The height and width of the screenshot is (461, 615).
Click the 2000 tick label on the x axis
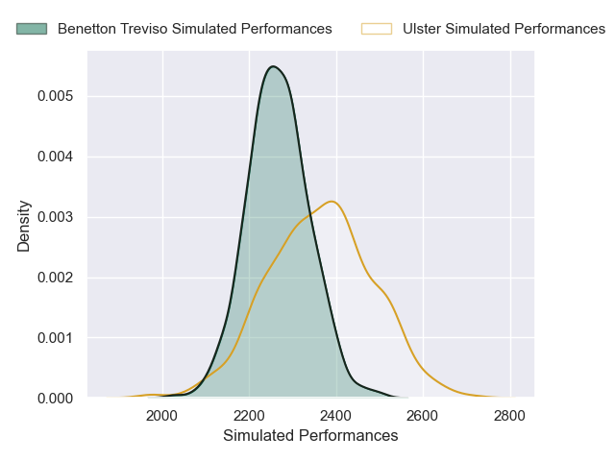click(x=162, y=416)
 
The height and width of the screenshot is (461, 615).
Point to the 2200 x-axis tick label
click(x=249, y=416)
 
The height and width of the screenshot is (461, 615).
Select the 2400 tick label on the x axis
click(x=336, y=416)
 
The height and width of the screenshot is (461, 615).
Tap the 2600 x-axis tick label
click(x=423, y=416)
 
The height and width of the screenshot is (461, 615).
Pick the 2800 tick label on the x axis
click(x=510, y=416)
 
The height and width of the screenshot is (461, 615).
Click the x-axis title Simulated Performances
click(x=310, y=436)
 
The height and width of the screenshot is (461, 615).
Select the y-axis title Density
click(x=24, y=225)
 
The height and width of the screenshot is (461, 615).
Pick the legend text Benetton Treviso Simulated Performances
click(x=195, y=29)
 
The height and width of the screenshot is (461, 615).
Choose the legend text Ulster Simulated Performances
click(x=504, y=29)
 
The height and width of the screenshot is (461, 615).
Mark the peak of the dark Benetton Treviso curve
click(x=274, y=66)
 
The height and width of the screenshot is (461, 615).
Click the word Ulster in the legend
click(x=423, y=29)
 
